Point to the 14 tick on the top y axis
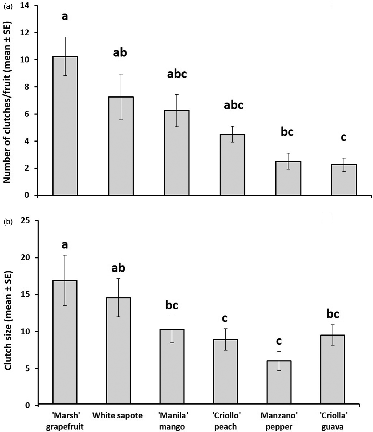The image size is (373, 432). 26,5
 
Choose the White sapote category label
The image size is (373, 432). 117,415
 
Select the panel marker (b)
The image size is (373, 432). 7,222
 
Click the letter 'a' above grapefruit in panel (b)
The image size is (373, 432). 65,245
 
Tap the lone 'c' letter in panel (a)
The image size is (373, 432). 344,138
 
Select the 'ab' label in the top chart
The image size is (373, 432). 120,53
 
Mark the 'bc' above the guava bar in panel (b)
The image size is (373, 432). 333,314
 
